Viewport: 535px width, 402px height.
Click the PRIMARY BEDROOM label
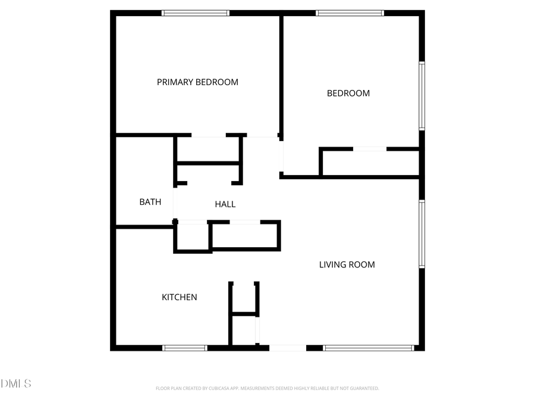(197, 82)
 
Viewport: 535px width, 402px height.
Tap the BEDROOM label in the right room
(348, 94)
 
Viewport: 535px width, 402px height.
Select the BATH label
(150, 202)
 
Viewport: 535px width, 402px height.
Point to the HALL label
(225, 204)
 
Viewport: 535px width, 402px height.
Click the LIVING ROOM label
(347, 264)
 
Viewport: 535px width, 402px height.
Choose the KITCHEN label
(180, 297)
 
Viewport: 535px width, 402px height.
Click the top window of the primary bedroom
(196, 13)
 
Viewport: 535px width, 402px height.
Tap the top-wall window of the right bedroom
(350, 13)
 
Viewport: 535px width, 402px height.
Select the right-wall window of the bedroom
(421, 96)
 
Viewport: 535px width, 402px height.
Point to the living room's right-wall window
(421, 234)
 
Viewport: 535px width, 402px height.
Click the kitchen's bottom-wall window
(185, 348)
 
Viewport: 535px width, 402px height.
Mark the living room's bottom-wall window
(369, 348)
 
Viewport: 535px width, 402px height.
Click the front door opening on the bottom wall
(288, 348)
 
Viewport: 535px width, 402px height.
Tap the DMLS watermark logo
(16, 384)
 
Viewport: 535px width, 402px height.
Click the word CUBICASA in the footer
(218, 388)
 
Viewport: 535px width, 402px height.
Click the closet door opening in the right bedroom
(370, 149)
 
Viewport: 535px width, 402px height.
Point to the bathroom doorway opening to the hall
(174, 204)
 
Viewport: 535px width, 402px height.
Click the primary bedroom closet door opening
(208, 136)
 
